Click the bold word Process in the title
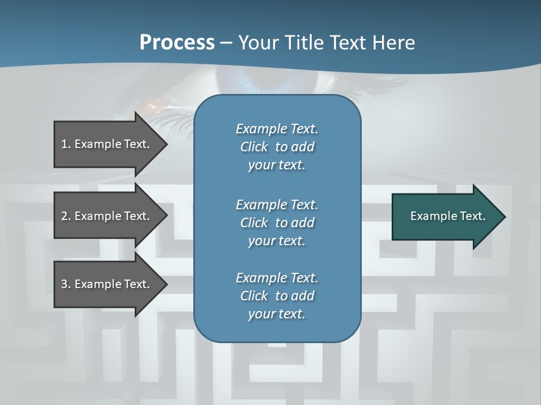177,43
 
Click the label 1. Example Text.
105,144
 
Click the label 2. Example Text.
105,216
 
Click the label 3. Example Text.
105,284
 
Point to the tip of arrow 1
167,144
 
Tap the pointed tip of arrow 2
167,216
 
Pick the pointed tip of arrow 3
167,284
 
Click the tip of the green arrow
505,217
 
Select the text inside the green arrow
448,216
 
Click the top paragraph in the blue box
277,147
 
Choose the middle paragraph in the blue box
277,222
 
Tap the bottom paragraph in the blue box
277,296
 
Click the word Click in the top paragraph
254,147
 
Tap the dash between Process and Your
226,43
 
